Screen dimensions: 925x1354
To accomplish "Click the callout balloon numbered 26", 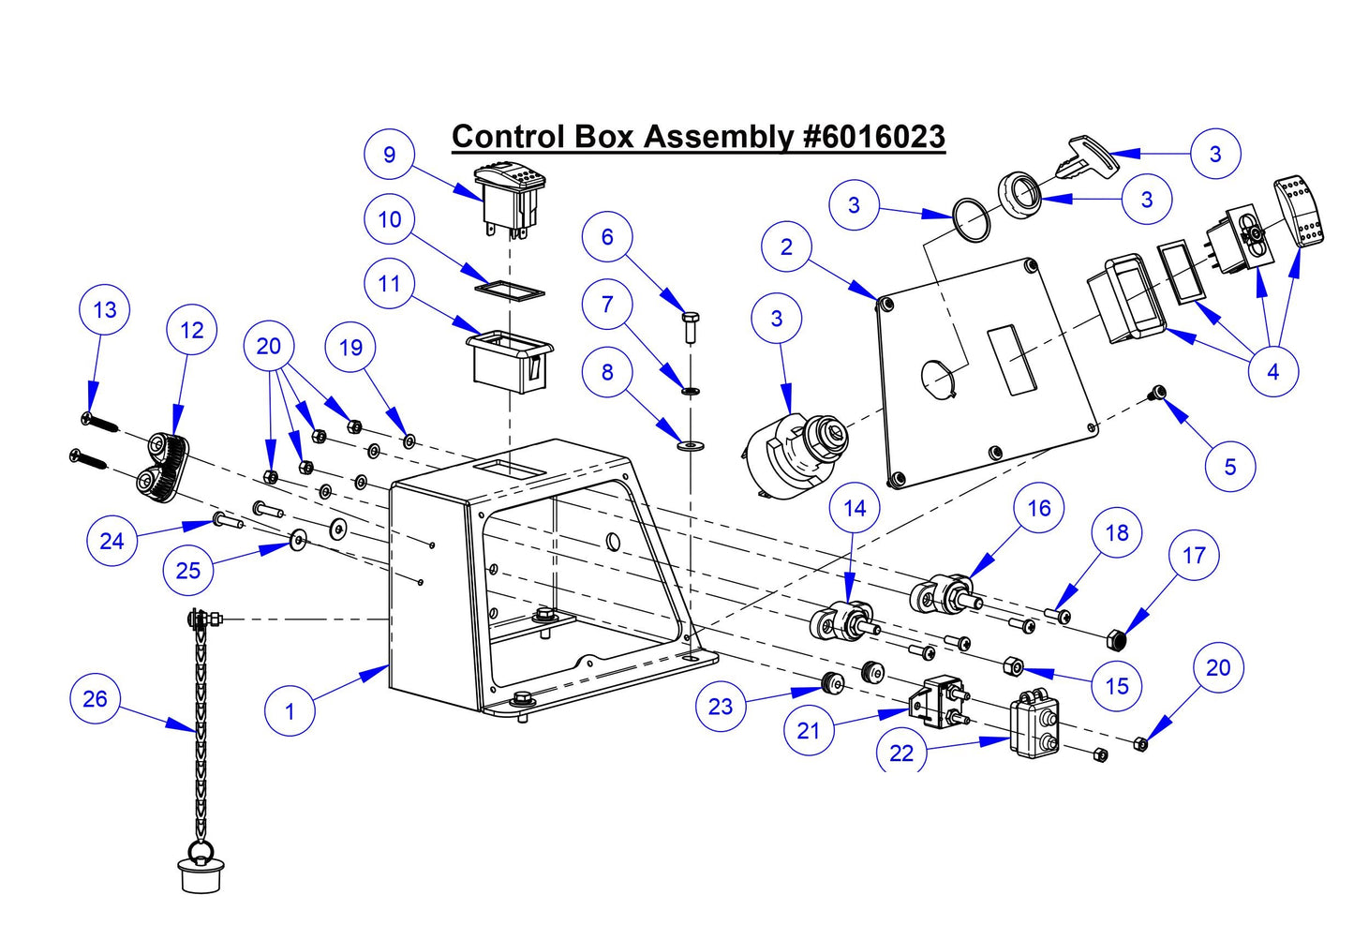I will (x=95, y=699).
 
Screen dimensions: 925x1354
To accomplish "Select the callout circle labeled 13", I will (x=105, y=310).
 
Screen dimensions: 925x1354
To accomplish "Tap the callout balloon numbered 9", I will (x=389, y=156).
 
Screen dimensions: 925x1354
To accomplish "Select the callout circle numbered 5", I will (x=1229, y=467).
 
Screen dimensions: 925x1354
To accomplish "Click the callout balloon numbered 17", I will (x=1193, y=556).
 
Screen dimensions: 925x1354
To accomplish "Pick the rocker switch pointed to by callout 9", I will (x=511, y=200).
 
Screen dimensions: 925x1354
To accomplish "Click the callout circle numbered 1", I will (x=289, y=711).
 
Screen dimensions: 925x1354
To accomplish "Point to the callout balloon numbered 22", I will (x=900, y=752).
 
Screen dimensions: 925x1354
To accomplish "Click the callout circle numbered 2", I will (x=786, y=247).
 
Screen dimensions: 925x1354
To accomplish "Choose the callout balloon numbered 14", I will (x=855, y=509).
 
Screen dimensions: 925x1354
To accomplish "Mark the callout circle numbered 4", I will (x=1272, y=372).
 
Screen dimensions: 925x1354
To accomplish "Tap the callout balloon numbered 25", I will (x=187, y=571).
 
